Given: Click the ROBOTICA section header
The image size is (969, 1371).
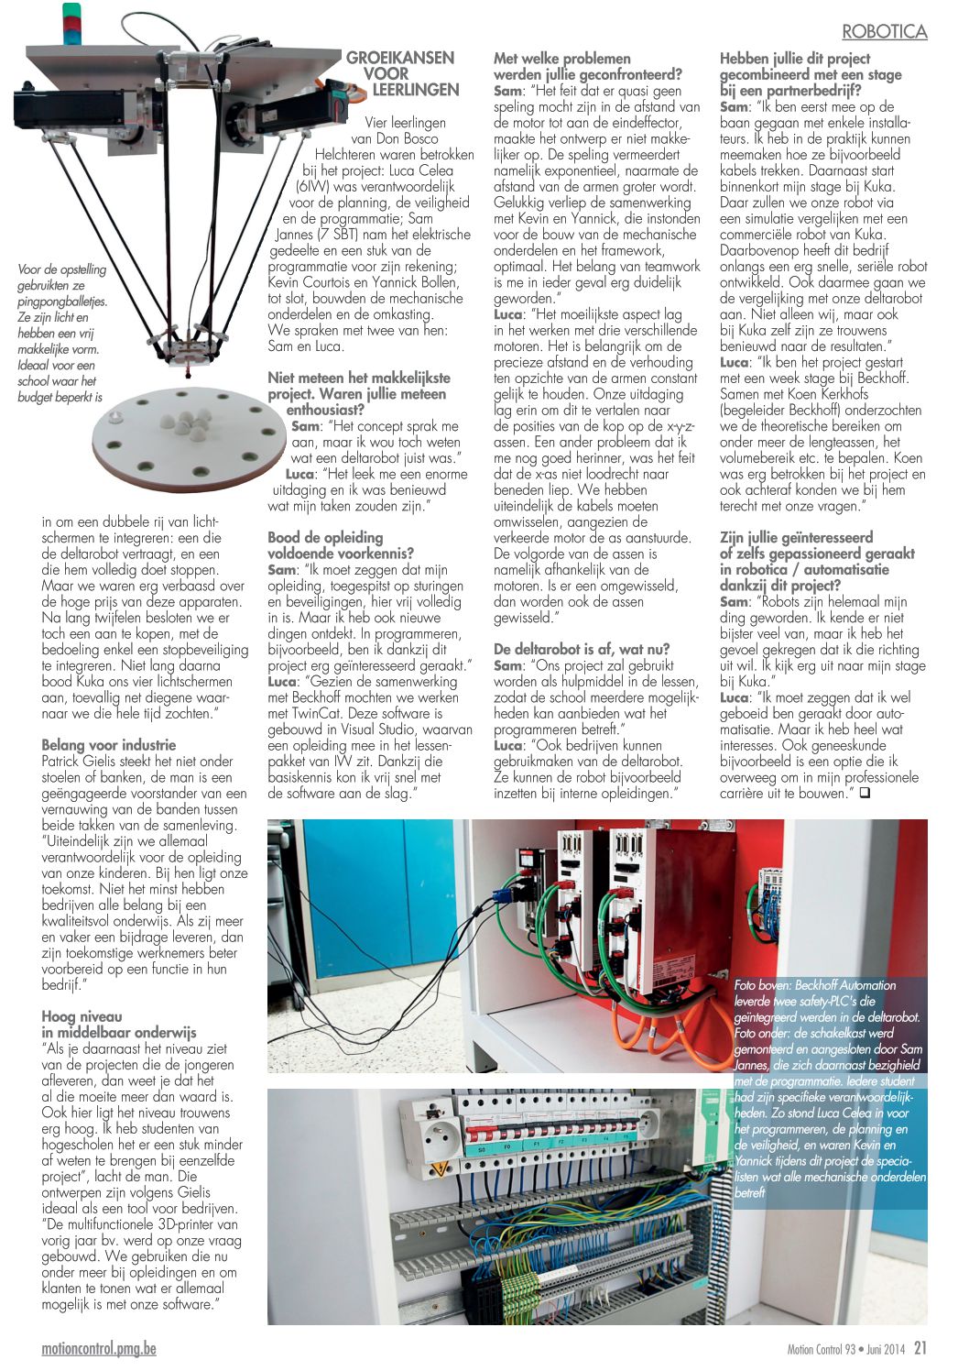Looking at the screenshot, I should click(884, 32).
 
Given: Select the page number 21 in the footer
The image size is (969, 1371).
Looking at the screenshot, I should click(920, 1348).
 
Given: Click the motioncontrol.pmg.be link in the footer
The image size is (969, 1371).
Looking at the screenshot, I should click(99, 1349).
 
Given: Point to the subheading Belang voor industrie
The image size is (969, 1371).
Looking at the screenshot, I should click(108, 745).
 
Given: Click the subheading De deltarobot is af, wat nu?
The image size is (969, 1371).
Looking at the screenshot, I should click(582, 649).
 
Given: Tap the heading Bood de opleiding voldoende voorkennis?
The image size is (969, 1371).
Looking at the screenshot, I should click(341, 545).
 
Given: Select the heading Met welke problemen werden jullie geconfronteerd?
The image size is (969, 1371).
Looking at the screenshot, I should click(588, 66).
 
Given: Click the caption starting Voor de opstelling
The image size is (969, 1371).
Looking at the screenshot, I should click(62, 334).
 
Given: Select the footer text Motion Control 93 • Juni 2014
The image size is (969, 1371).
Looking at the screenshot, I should click(845, 1349).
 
